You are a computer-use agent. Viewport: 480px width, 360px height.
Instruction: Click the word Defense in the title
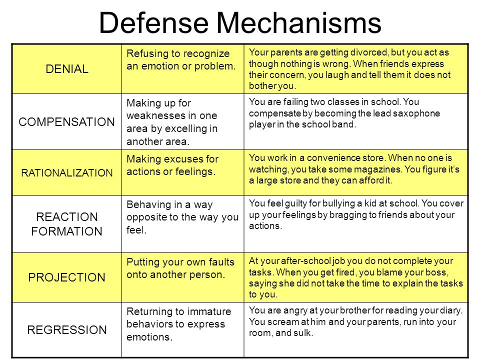153,22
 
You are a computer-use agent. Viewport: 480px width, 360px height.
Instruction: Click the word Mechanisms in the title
299,22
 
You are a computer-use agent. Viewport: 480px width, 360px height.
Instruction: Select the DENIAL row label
66,69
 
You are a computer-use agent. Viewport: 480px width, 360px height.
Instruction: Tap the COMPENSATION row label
66,122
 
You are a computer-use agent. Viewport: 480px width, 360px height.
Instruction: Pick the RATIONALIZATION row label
66,172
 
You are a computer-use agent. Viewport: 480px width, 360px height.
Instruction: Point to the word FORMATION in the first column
66,231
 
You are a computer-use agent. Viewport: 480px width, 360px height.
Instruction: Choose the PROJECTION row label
66,277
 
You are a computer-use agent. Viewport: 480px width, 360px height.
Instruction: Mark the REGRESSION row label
66,329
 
